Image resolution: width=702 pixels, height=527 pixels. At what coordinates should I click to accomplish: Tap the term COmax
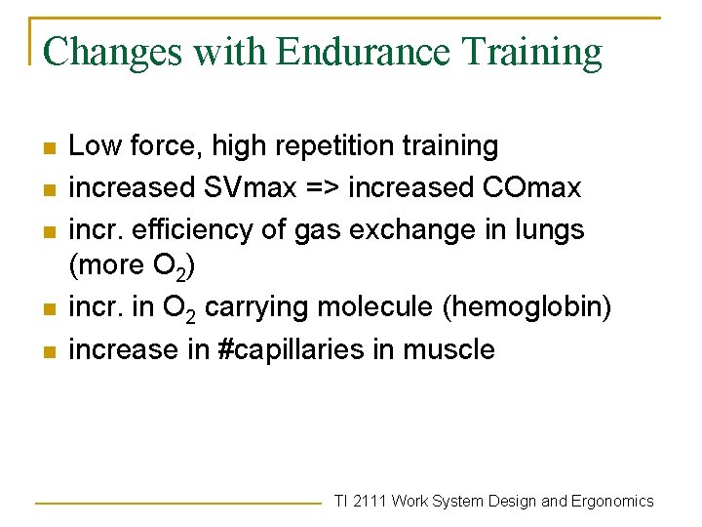[x=533, y=187]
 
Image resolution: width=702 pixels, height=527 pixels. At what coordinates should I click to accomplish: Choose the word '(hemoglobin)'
[x=527, y=307]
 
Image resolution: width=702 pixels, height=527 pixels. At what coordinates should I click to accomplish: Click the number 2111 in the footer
[x=372, y=501]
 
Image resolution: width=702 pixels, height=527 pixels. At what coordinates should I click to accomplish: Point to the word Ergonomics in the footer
[x=612, y=501]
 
